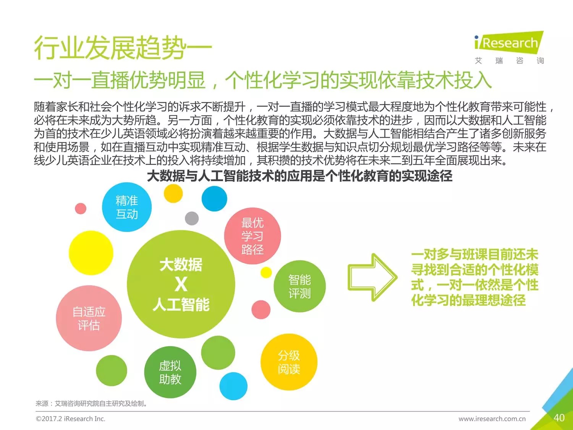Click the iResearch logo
pyautogui.click(x=508, y=43)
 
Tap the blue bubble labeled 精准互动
pyautogui.click(x=127, y=207)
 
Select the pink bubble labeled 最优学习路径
pyautogui.click(x=253, y=236)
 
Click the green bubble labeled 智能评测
pyautogui.click(x=299, y=286)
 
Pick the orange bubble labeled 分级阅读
pyautogui.click(x=289, y=362)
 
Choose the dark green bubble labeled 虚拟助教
pyautogui.click(x=170, y=372)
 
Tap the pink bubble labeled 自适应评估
pyautogui.click(x=89, y=318)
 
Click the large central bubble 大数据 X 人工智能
pyautogui.click(x=181, y=284)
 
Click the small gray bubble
pyautogui.click(x=192, y=219)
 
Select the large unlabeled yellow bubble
pyautogui.click(x=91, y=253)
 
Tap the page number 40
pyautogui.click(x=559, y=418)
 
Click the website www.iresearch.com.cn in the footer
pyautogui.click(x=492, y=419)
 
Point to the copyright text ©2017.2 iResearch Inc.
pyautogui.click(x=71, y=419)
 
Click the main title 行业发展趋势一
pyautogui.click(x=123, y=48)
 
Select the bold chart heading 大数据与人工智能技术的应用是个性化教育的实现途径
pyautogui.click(x=299, y=176)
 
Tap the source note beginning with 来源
pyautogui.click(x=92, y=403)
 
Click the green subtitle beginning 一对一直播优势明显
pyautogui.click(x=263, y=80)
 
